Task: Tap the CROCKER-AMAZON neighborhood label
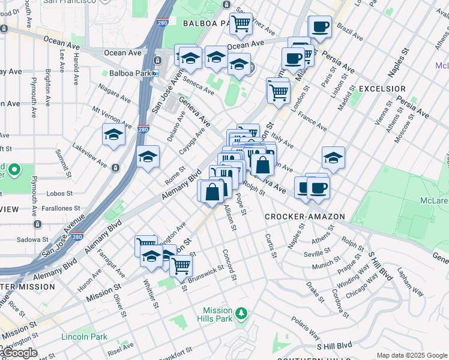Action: coord(304,216)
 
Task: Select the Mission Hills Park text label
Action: coord(217,314)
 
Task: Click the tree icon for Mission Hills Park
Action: coord(241,313)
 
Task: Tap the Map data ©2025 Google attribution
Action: coord(411,355)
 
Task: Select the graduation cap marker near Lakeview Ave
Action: coord(112,135)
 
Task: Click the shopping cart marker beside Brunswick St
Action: coord(181,264)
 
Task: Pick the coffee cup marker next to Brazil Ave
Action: coord(319,26)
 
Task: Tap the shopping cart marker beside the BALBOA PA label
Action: coord(241,24)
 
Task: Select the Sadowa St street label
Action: coord(29,238)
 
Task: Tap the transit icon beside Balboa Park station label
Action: coord(155,73)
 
